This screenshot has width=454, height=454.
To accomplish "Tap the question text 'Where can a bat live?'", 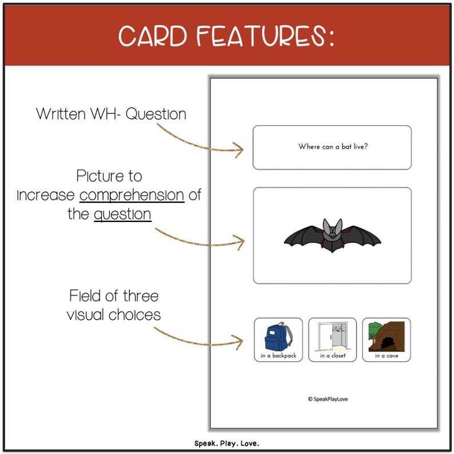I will [x=332, y=147].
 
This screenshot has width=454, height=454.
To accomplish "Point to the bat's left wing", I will [x=303, y=236].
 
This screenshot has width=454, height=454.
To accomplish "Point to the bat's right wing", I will [x=361, y=236].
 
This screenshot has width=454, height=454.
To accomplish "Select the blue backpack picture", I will [x=277, y=336].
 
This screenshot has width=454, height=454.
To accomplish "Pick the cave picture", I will [x=387, y=336].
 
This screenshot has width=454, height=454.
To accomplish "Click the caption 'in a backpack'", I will [x=277, y=356].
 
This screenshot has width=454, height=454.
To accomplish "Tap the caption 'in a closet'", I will [x=332, y=356].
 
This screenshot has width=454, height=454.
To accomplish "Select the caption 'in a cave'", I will [x=387, y=356].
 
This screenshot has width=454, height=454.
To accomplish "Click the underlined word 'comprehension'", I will [x=132, y=196].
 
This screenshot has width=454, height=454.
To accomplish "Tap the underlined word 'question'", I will [x=122, y=214].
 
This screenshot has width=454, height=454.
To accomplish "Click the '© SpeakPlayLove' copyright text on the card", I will [x=327, y=399].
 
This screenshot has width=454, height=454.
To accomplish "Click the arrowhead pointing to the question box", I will [x=239, y=150].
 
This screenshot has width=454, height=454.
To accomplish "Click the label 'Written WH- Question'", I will [x=111, y=114].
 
